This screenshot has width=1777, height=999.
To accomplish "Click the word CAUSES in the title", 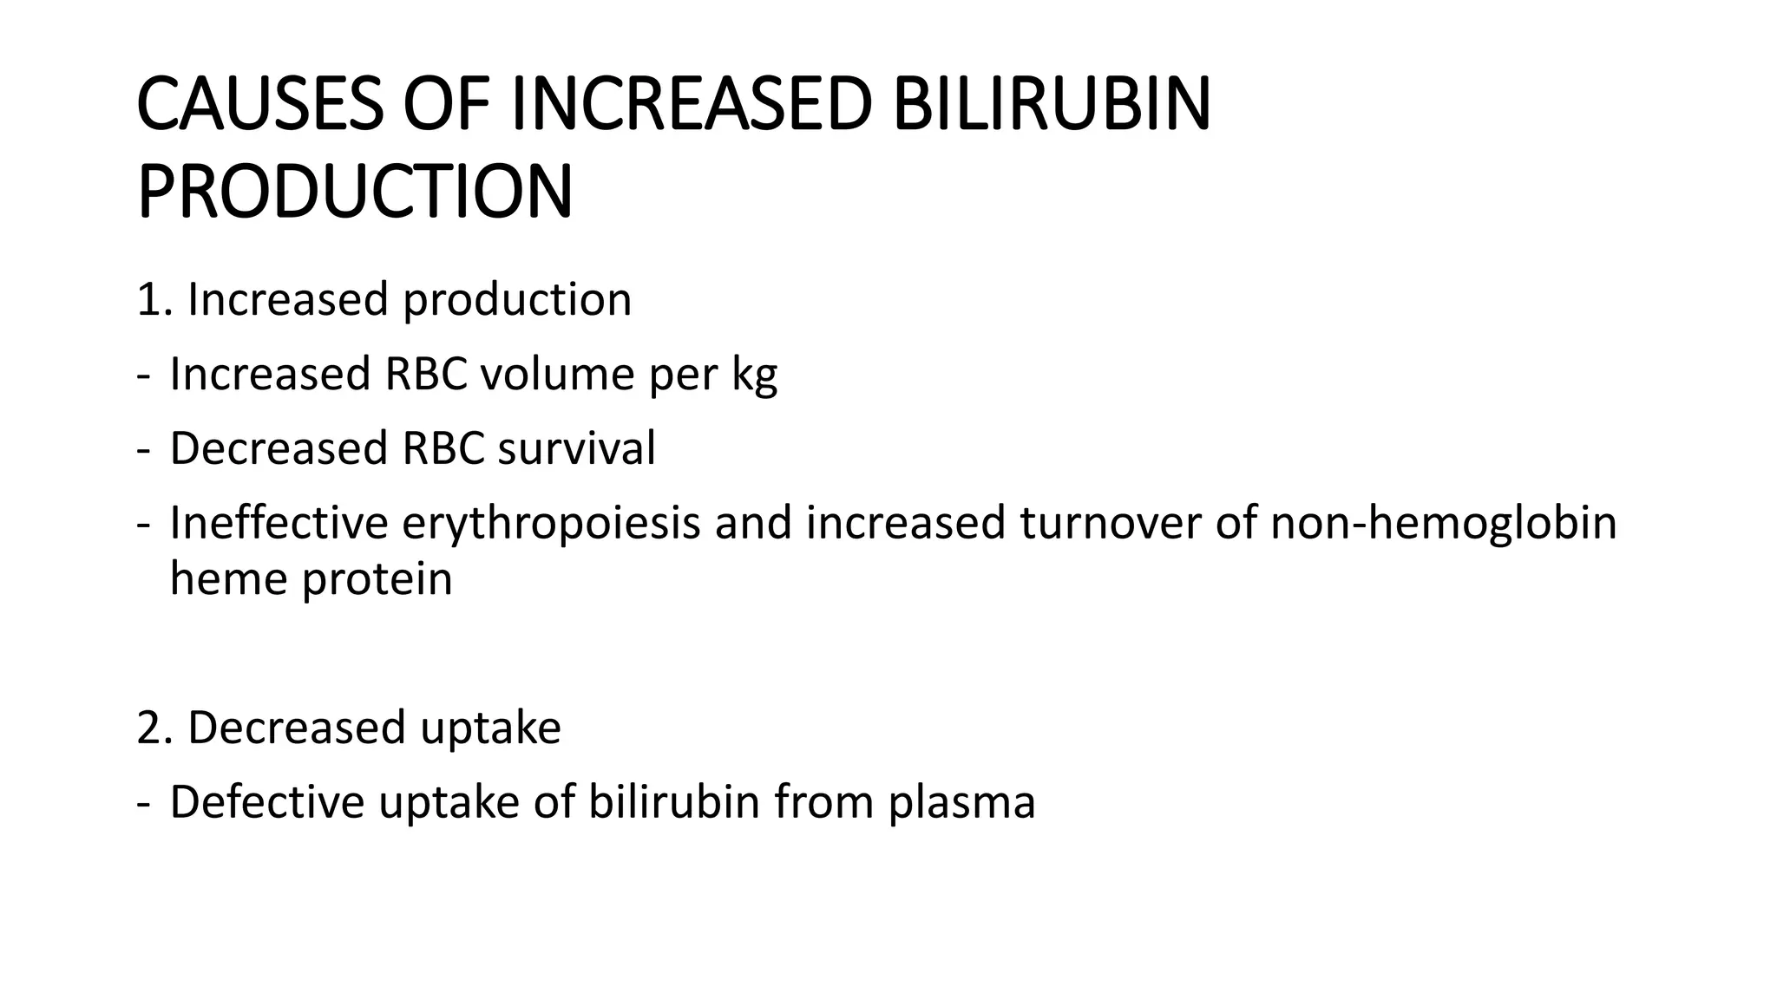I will point(259,105).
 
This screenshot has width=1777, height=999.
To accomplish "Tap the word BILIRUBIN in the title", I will point(1051,105).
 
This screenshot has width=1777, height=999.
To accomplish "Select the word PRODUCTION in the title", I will point(355,192).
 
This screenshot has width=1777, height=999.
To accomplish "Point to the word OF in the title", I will point(446,105).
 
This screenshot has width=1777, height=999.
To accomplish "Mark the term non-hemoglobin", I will point(1443,525).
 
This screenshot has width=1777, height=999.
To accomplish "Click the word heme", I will point(229,578).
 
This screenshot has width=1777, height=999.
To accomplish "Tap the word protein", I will point(377,580).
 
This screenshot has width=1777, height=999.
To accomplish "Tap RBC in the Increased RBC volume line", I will point(425,375).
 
